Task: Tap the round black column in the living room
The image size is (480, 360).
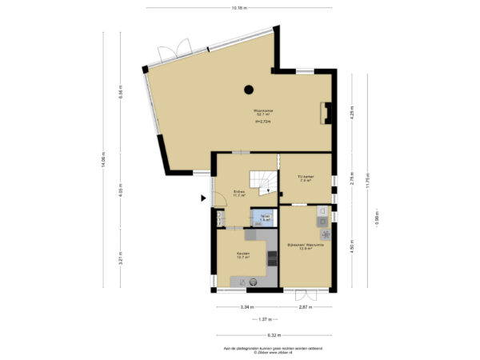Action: click(x=249, y=90)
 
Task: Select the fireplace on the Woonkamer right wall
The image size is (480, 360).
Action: click(x=324, y=114)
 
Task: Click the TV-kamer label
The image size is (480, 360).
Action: click(x=304, y=178)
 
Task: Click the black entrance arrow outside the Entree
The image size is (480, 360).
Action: click(x=202, y=198)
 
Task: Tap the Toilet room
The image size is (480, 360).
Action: click(x=263, y=218)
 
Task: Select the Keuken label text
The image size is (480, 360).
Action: click(x=242, y=254)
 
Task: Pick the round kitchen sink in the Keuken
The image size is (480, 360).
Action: click(x=253, y=281)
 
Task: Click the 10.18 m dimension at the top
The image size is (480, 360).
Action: click(x=238, y=9)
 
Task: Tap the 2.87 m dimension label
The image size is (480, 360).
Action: click(x=305, y=306)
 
